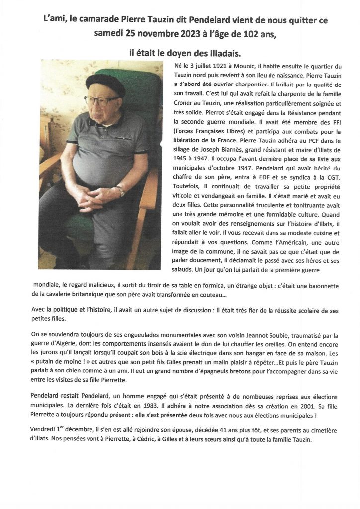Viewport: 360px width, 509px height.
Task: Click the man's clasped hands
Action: tap(99, 199)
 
